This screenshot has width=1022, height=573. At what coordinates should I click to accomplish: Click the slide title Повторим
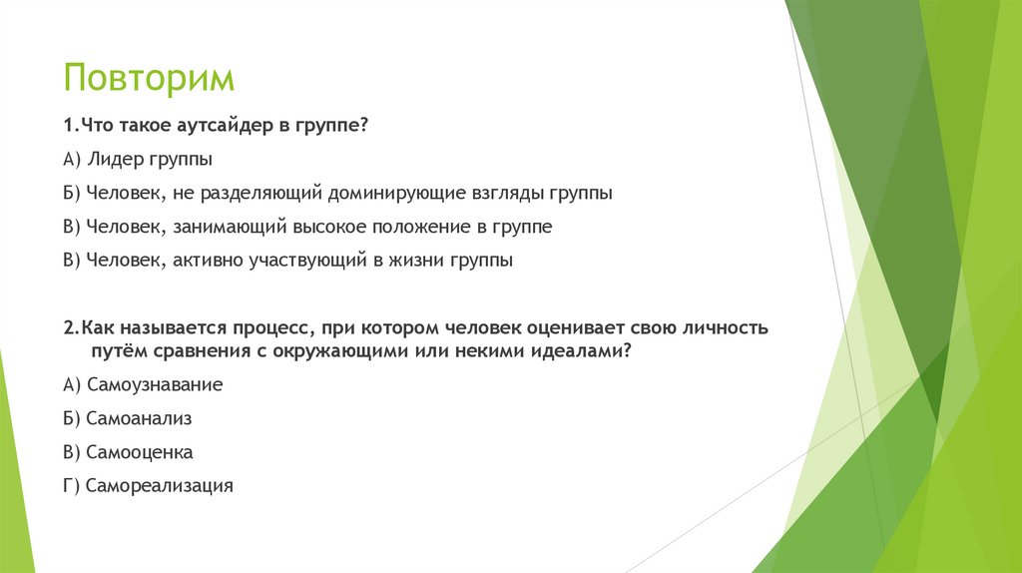coord(150,79)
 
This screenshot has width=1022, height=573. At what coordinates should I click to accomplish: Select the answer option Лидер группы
coord(150,159)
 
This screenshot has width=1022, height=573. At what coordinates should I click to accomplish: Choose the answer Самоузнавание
coord(155,384)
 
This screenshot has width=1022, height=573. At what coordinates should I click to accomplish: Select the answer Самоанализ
coord(139,418)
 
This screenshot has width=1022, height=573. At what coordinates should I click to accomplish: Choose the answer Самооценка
coord(140,452)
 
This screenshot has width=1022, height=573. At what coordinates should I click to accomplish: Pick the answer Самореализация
coord(159,486)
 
